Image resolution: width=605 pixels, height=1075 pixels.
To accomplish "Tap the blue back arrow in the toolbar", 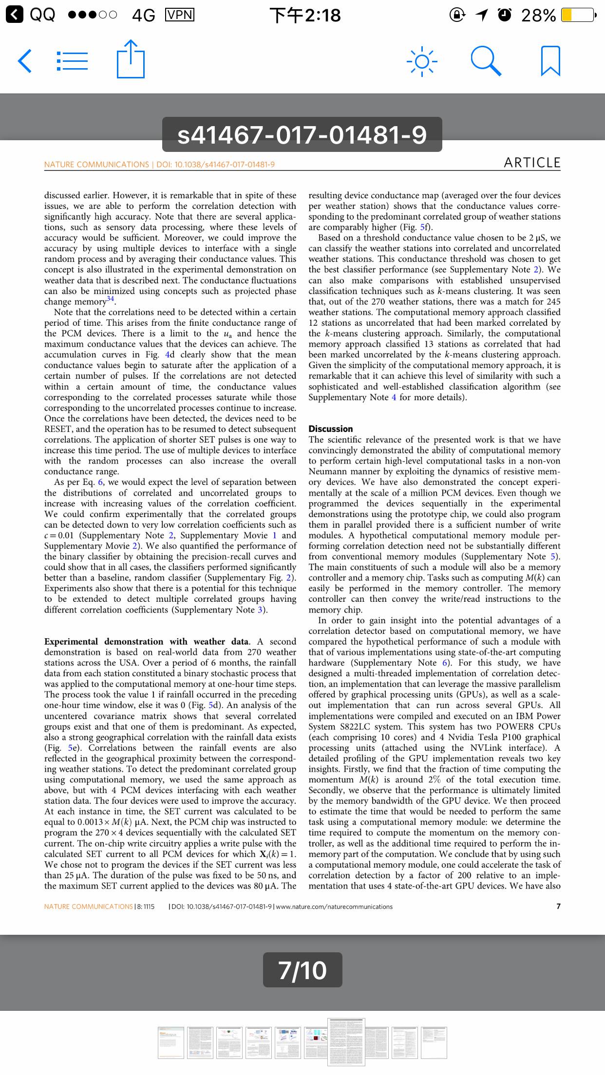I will [x=25, y=61].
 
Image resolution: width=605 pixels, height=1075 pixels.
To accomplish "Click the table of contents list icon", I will [x=73, y=61].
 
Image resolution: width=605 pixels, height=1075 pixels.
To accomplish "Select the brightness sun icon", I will [x=422, y=61].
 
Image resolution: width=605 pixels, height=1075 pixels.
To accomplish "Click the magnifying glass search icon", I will [x=486, y=61].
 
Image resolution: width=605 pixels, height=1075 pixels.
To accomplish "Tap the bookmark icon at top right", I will [x=550, y=61].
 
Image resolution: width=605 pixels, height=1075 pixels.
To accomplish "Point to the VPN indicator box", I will [x=180, y=15].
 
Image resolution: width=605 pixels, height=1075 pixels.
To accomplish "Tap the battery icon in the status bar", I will [x=578, y=15].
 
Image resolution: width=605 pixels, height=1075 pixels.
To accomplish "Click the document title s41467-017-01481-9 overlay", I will [x=302, y=134].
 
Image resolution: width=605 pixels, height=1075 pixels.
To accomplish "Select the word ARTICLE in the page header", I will [x=532, y=163].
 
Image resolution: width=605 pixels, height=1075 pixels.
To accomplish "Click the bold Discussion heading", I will [x=331, y=429].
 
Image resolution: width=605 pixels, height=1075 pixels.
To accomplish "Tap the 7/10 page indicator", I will [x=302, y=970].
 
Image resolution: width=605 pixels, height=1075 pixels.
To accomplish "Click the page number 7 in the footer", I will [x=558, y=907].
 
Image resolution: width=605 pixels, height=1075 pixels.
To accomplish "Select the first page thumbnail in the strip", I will [x=170, y=1043].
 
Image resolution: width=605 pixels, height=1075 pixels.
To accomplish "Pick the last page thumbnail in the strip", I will [x=434, y=1043].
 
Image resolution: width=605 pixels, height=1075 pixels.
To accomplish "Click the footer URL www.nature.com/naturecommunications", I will [x=334, y=907].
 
